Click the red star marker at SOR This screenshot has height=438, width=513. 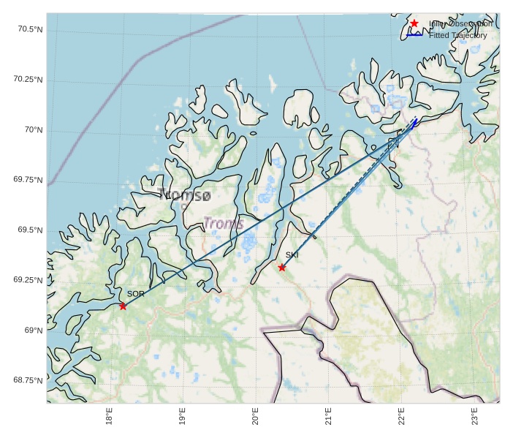pyautogui.click(x=123, y=306)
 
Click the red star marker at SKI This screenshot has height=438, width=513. pyautogui.click(x=282, y=268)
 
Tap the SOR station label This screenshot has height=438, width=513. pyautogui.click(x=136, y=294)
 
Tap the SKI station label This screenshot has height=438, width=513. pyautogui.click(x=292, y=255)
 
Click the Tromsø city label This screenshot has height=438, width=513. pyautogui.click(x=185, y=195)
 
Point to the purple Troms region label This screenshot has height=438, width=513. pyautogui.click(x=223, y=224)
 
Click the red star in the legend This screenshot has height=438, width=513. pyautogui.click(x=414, y=23)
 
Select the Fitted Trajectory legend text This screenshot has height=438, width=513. pyautogui.click(x=457, y=35)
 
